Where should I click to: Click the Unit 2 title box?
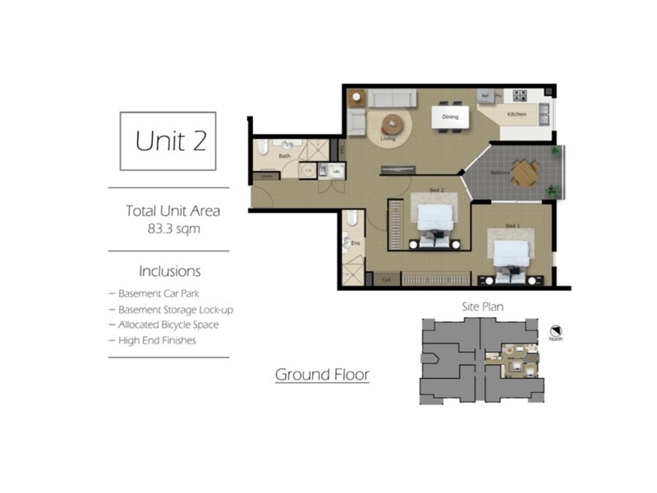point(168,141)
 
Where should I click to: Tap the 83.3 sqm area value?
point(172,229)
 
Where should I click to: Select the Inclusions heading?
point(170,271)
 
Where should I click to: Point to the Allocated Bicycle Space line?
point(168,325)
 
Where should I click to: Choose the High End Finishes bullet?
point(156,340)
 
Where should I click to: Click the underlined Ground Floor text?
point(322,376)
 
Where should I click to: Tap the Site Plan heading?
point(482,306)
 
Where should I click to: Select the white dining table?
point(451,117)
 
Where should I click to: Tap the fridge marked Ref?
point(485,95)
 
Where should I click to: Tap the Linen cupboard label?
point(265,176)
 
